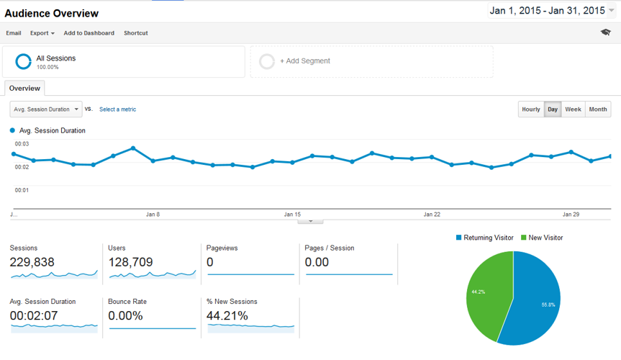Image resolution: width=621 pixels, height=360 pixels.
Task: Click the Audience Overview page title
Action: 52,13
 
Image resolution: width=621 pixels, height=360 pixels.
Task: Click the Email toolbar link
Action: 14,33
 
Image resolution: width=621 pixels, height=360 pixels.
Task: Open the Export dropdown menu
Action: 42,33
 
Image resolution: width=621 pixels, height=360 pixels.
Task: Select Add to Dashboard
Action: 89,33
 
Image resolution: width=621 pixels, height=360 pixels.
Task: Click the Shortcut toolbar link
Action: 135,33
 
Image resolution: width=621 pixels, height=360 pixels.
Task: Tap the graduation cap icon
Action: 605,32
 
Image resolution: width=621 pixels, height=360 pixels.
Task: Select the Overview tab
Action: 24,88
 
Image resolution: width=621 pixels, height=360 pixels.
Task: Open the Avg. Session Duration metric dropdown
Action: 46,109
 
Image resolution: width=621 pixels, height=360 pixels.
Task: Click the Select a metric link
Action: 117,109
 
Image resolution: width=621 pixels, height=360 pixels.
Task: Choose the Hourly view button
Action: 530,109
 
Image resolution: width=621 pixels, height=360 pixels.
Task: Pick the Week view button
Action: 573,109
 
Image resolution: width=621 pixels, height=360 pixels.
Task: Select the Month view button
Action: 597,109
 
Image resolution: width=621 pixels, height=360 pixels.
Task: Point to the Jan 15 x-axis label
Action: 292,215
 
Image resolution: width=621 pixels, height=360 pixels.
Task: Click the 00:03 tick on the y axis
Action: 22,145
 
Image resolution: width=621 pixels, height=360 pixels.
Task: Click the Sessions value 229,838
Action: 32,262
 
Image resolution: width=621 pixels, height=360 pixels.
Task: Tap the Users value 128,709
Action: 130,262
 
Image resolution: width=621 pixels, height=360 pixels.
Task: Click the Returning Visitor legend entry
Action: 484,238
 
